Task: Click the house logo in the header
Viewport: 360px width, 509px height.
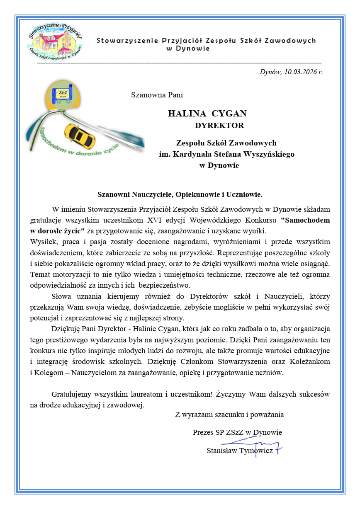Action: click(54, 41)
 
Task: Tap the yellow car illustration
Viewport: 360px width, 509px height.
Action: click(80, 136)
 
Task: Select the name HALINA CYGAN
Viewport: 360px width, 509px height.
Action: click(207, 114)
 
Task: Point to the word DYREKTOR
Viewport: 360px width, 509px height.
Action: click(219, 125)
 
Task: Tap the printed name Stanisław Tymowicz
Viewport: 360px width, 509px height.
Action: click(239, 451)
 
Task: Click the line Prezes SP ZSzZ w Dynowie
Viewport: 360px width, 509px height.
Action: click(237, 432)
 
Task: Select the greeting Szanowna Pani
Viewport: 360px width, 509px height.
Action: click(157, 95)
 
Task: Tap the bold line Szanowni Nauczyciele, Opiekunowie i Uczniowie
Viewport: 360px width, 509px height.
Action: click(180, 194)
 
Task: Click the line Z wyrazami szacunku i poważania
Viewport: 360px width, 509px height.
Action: click(229, 414)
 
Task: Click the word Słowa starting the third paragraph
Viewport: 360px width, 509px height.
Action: click(61, 296)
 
